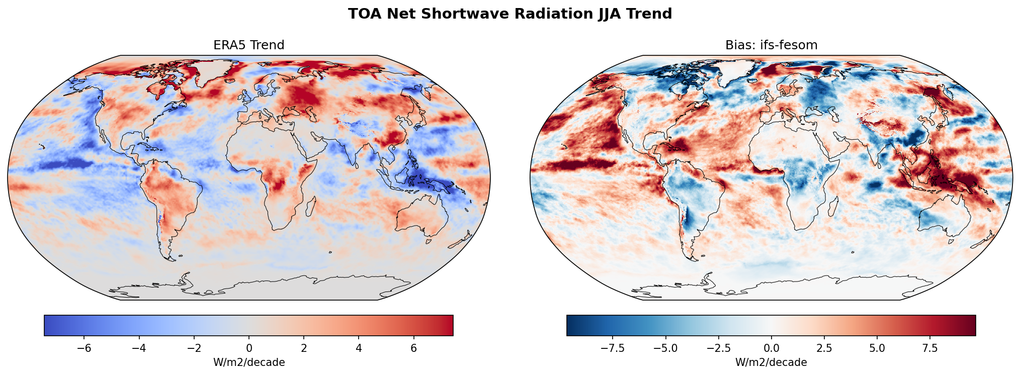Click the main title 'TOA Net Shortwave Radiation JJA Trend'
(509, 14)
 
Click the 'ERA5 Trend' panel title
(249, 45)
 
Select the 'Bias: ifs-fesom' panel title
(771, 45)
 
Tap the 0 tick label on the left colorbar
(249, 348)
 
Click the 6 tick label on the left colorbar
(413, 348)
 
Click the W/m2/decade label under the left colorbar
(249, 362)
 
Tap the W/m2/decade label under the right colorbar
(771, 362)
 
